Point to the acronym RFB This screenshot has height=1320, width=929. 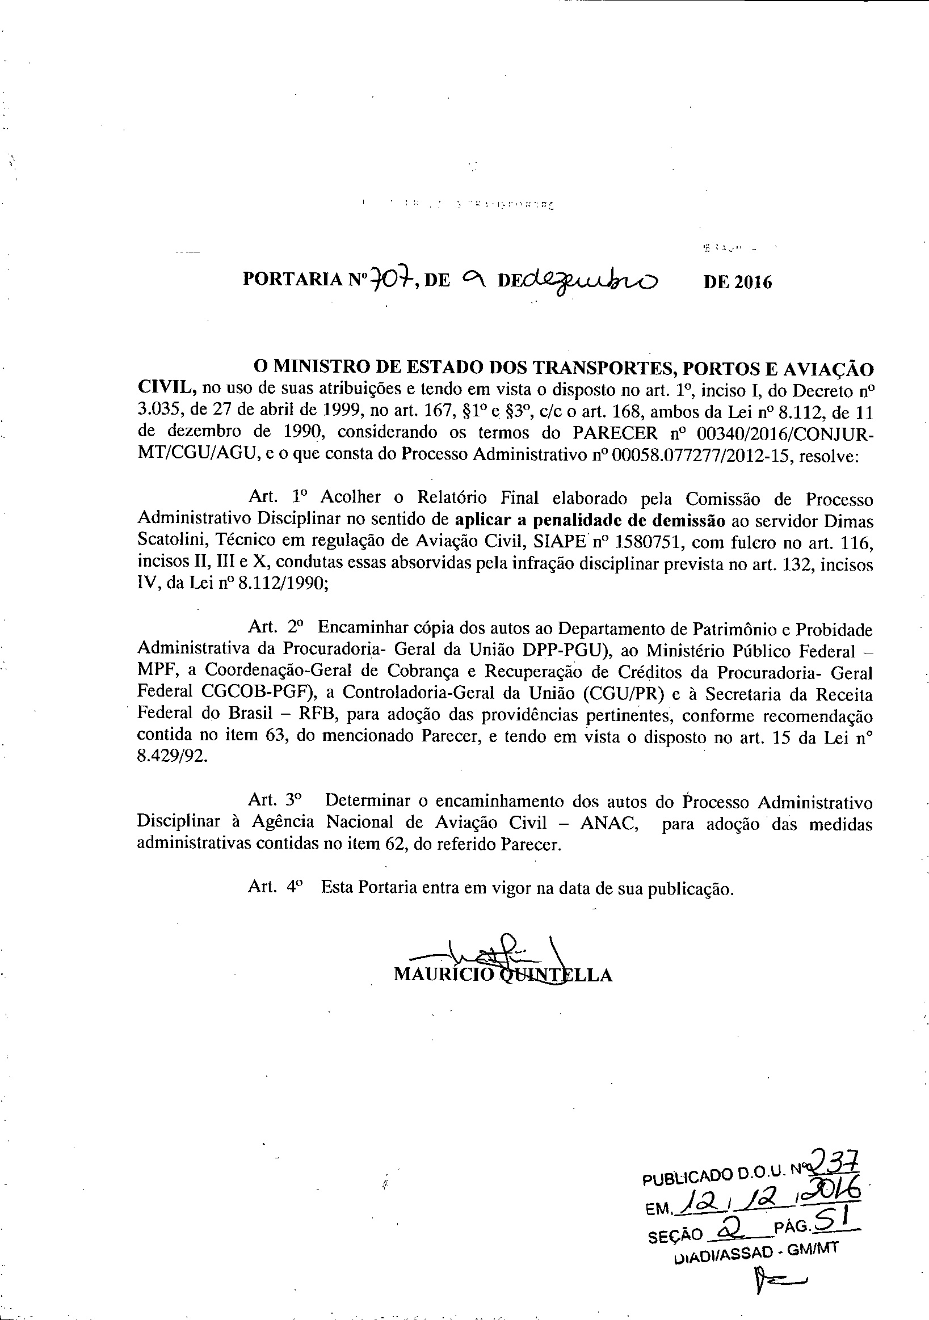[313, 716]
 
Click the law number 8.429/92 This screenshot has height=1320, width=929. [171, 757]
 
